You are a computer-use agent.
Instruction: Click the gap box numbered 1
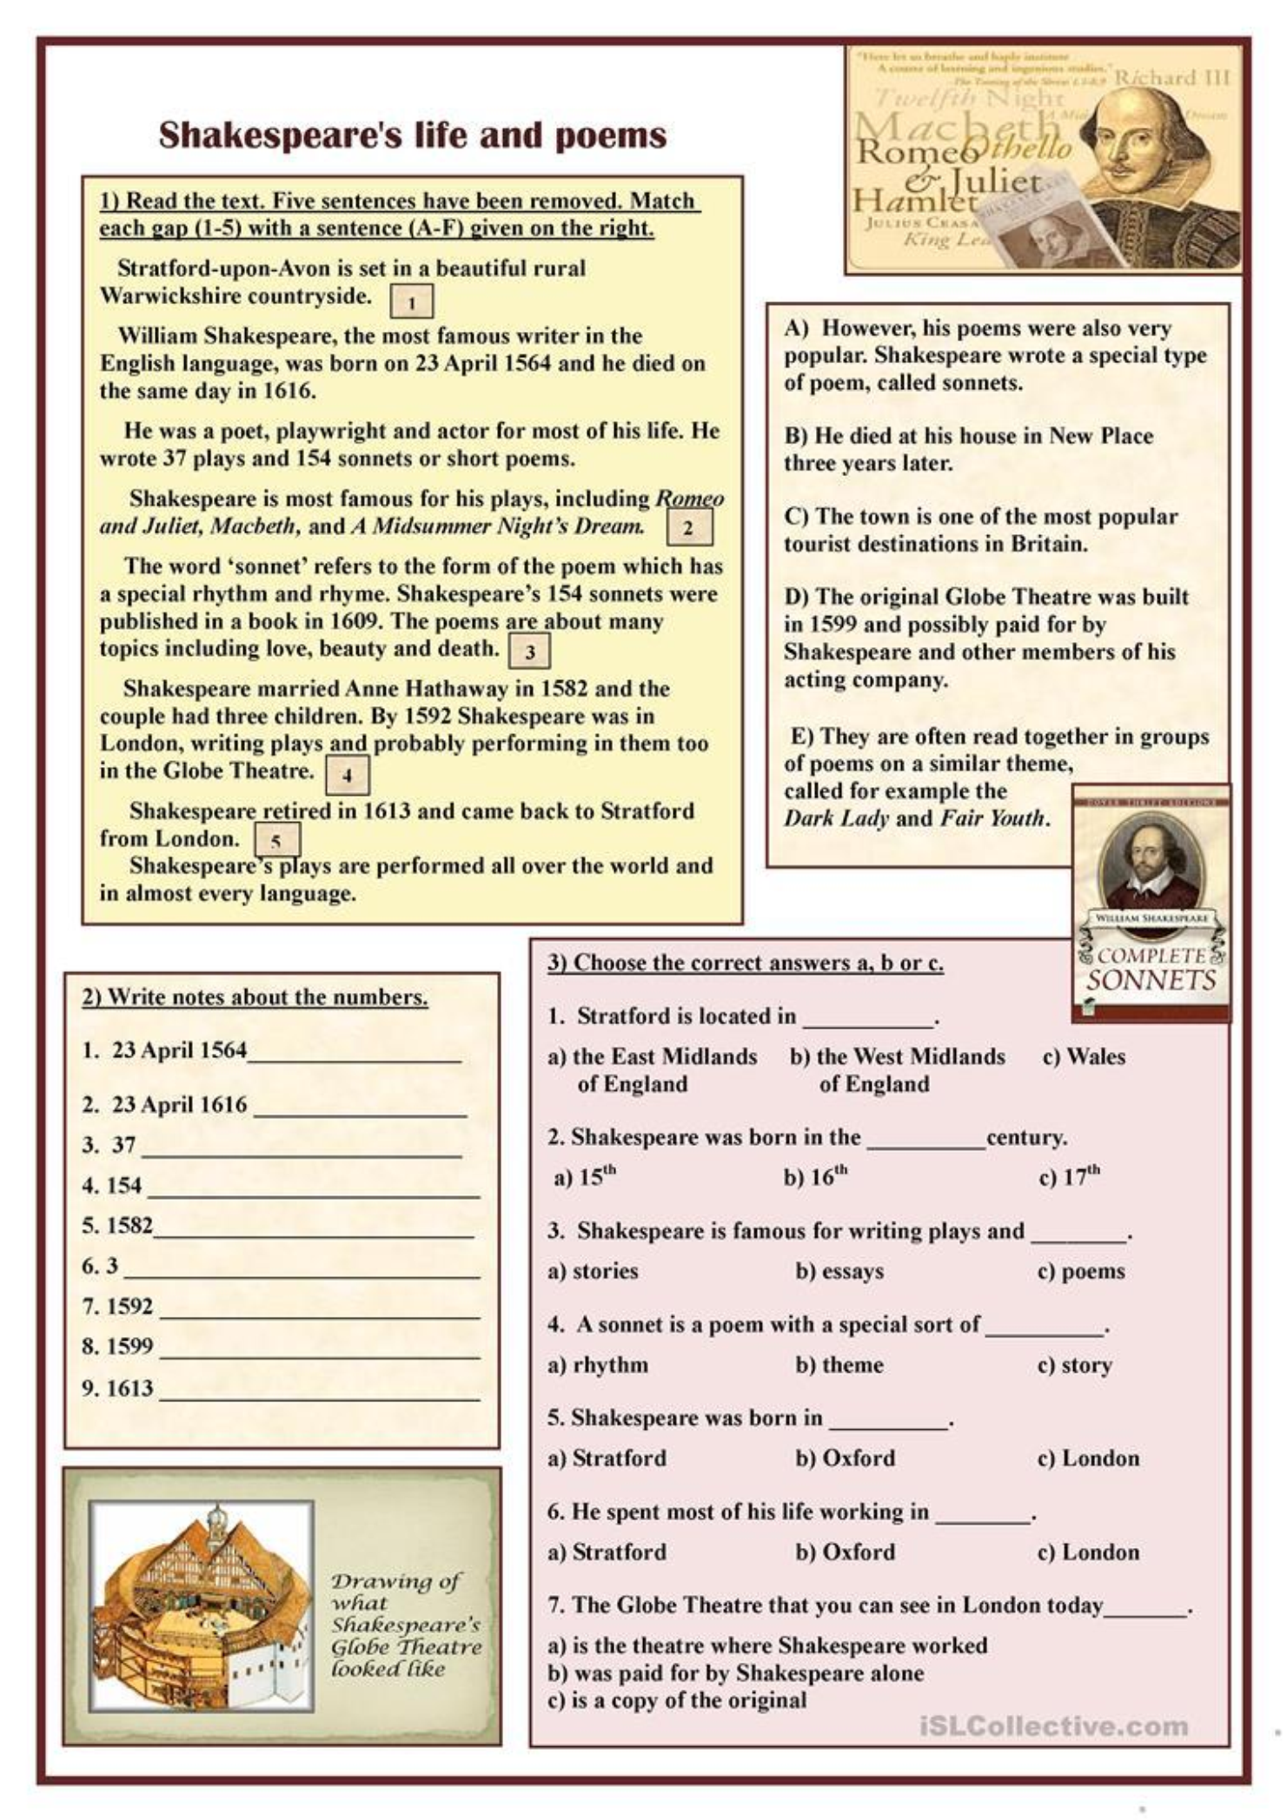[411, 302]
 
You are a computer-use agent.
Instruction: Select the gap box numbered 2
[688, 527]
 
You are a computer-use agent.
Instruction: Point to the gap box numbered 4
[347, 775]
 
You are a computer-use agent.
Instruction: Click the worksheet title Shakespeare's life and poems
[413, 136]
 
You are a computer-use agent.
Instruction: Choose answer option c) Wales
[1084, 1056]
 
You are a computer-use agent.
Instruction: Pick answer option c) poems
[1081, 1271]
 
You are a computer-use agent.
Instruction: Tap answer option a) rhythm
[598, 1365]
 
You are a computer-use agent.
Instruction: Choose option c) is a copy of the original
[677, 1700]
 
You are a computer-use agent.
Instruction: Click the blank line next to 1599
[319, 1349]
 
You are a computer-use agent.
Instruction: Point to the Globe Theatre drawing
[202, 1605]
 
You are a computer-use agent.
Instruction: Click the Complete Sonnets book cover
[1151, 903]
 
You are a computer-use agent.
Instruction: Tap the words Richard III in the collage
[1172, 77]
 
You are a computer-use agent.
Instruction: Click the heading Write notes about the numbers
[255, 996]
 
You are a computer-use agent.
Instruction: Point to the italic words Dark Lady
[836, 818]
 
